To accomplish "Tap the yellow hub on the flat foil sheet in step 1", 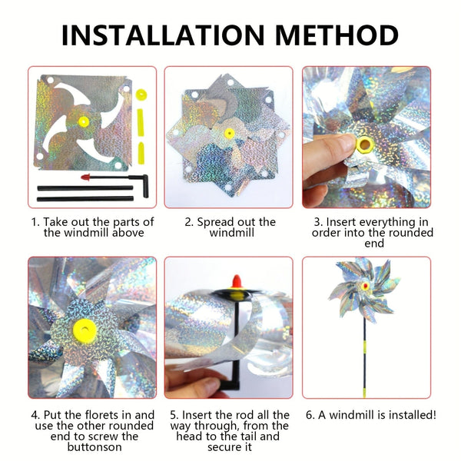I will pos(83,121).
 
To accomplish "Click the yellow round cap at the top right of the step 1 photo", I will pos(141,94).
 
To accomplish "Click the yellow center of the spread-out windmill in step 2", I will pos(229,134).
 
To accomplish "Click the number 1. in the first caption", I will pos(35,222).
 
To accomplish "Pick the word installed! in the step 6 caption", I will pos(407,415).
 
